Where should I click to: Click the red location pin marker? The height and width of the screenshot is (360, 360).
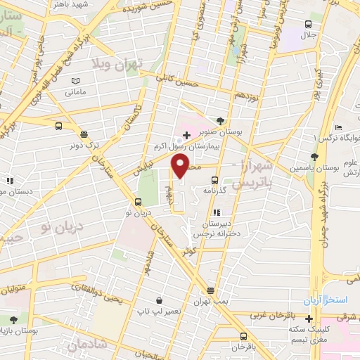(181, 166)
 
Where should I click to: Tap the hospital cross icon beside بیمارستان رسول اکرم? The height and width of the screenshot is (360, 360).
(186, 134)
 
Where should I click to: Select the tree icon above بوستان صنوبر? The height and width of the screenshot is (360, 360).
(221, 121)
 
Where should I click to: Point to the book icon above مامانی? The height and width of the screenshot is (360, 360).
(76, 82)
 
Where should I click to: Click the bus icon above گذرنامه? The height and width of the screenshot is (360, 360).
(215, 179)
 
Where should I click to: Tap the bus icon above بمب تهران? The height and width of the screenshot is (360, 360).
(210, 290)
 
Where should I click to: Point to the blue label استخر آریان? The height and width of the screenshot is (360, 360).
(326, 300)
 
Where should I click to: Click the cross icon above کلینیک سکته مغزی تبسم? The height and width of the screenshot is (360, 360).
(309, 319)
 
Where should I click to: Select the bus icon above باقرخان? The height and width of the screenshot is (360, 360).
(243, 336)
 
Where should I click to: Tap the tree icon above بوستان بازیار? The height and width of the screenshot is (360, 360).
(13, 320)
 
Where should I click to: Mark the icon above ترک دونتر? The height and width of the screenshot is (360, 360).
(84, 134)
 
